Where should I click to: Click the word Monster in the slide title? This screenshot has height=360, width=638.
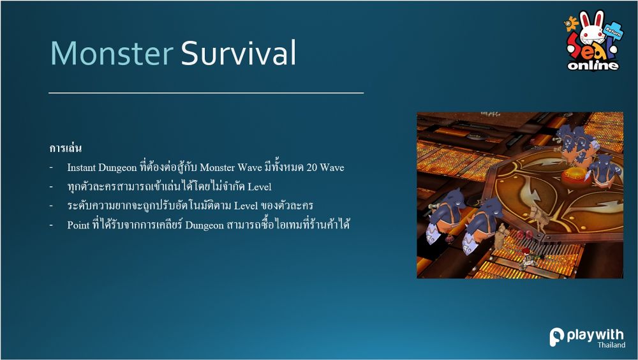pos(112,53)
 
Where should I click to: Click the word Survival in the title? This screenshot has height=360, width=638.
pos(239,53)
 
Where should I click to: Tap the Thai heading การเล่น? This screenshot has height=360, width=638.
pos(66,148)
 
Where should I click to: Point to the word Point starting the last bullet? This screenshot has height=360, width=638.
pos(78,225)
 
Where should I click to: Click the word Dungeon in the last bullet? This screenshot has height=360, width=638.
pos(204,225)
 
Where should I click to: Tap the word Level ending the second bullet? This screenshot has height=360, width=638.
pos(259,187)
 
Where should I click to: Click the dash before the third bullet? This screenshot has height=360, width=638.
pos(51,206)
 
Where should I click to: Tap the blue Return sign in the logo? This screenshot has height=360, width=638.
pos(613,30)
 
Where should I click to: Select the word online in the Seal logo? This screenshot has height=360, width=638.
pos(593,64)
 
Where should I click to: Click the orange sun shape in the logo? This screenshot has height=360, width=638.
pos(571,24)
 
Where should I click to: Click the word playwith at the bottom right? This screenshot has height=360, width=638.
pos(595,335)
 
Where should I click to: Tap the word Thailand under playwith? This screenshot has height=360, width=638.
pos(611,345)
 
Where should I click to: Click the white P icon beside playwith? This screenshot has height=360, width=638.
pos(556,337)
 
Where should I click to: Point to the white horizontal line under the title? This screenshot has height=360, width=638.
pos(206,93)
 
